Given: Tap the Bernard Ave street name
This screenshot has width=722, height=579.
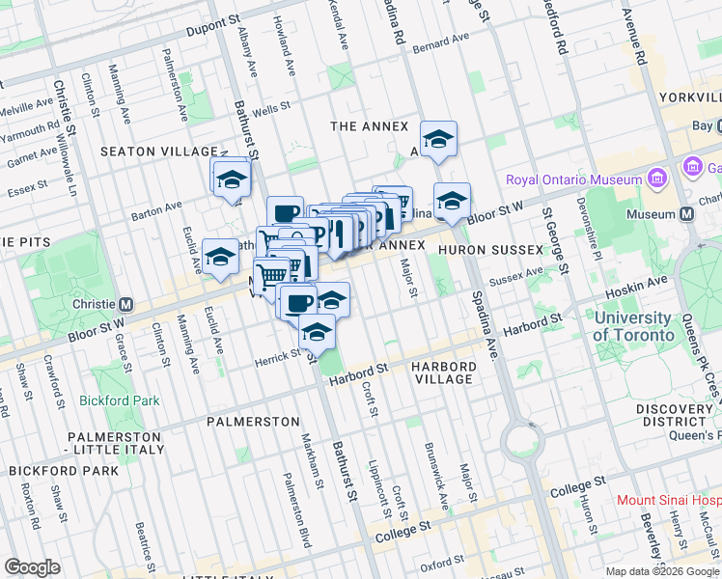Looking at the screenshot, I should (x=439, y=41).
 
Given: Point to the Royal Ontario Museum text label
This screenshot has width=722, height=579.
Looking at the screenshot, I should (x=574, y=179).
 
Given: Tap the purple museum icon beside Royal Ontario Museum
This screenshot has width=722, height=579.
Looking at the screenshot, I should (x=657, y=179).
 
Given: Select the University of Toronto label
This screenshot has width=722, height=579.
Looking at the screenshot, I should (x=633, y=326).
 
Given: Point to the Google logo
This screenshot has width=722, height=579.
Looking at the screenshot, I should (x=32, y=567).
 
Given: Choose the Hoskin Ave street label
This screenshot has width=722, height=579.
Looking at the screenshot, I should (x=636, y=281).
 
